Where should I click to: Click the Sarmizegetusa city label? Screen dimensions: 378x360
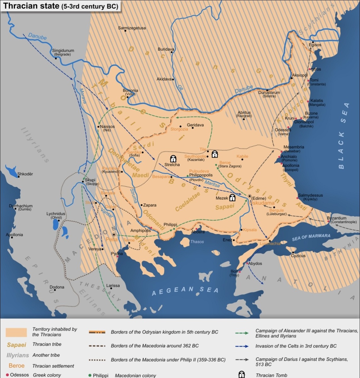point(132,28)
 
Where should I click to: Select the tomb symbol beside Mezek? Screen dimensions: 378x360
point(232,198)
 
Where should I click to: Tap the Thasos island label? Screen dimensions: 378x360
point(197,242)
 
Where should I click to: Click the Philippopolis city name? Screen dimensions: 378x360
point(201,175)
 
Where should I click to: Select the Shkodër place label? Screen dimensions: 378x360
point(25,174)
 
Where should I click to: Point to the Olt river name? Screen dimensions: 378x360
point(180,87)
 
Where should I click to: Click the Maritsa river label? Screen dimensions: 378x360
point(212,184)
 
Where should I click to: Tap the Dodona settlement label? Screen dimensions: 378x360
point(57,287)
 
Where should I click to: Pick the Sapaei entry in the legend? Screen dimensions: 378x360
point(16,345)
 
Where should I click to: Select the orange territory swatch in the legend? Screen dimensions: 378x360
point(16,332)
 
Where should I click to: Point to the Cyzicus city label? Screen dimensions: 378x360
point(298,256)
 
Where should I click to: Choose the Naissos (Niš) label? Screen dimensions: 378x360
point(107,127)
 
